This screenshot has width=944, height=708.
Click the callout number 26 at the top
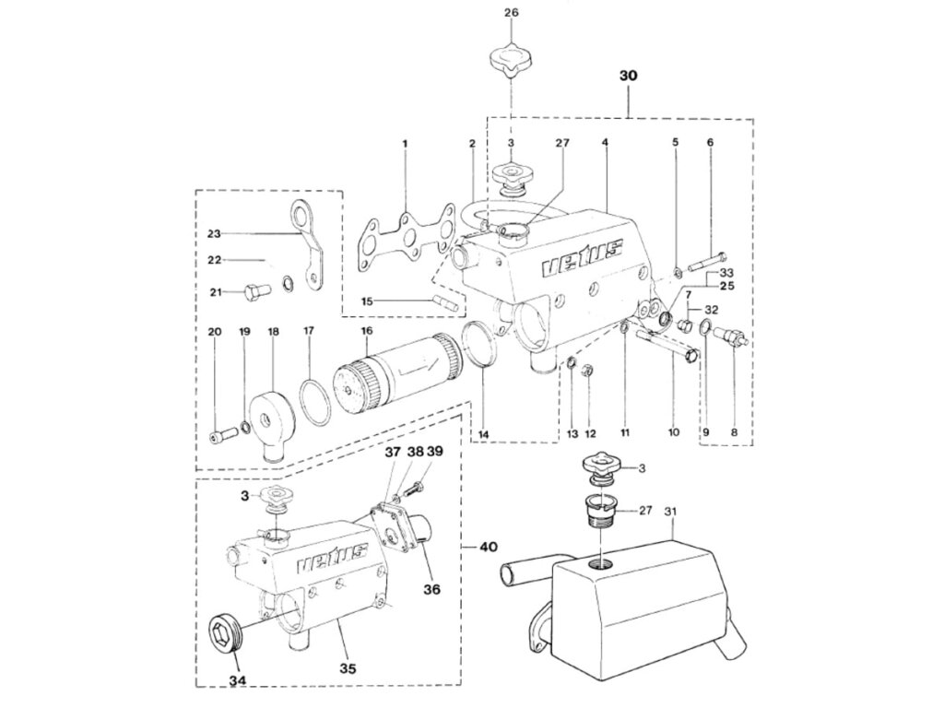tap(512, 13)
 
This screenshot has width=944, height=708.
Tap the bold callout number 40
tap(487, 547)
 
